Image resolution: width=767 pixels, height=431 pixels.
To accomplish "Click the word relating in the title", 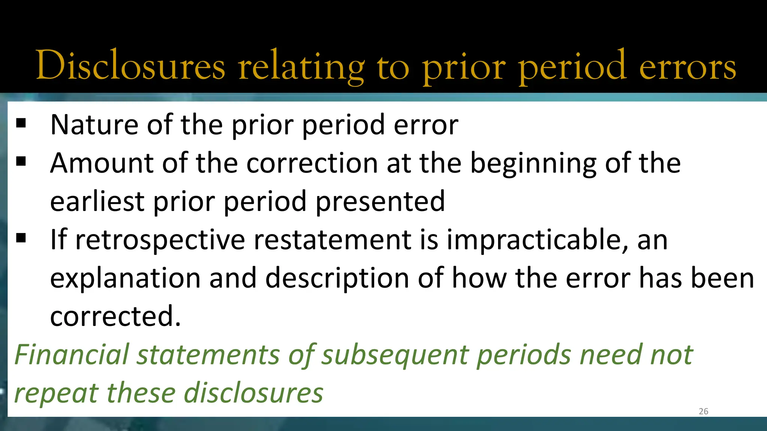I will point(302,67).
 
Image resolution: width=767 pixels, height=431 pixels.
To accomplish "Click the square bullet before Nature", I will point(21,123).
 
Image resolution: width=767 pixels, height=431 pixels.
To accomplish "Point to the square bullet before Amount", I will point(21,161).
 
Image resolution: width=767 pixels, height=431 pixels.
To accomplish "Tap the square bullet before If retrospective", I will point(21,238).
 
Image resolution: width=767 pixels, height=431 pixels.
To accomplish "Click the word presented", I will point(381,202).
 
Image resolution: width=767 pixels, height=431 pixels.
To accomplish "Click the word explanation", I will point(125,279).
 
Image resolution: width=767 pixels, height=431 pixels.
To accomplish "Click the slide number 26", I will point(703,411).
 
